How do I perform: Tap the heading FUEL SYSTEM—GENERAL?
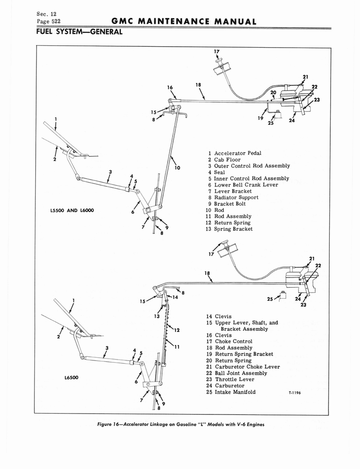click(78, 32)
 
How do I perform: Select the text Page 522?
click(48, 21)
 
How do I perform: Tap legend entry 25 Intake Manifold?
click(231, 392)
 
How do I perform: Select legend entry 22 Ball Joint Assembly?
click(236, 373)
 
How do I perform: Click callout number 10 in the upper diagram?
click(178, 168)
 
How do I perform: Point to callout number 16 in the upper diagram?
click(170, 87)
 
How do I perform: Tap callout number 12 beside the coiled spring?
click(176, 330)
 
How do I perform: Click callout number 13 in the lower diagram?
click(156, 316)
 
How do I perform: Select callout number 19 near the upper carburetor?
click(260, 118)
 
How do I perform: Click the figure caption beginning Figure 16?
click(181, 424)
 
